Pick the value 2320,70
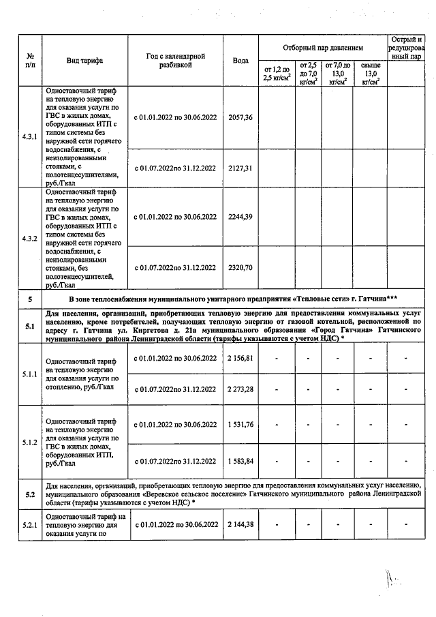tap(240, 267)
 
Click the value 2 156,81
tap(240, 358)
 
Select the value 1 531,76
tap(240, 424)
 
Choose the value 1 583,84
tap(240, 460)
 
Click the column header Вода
tap(240, 61)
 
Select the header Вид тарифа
tap(84, 61)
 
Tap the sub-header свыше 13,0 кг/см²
tap(370, 73)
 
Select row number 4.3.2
tap(29, 239)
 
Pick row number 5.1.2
tap(29, 442)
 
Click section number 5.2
tap(29, 494)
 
